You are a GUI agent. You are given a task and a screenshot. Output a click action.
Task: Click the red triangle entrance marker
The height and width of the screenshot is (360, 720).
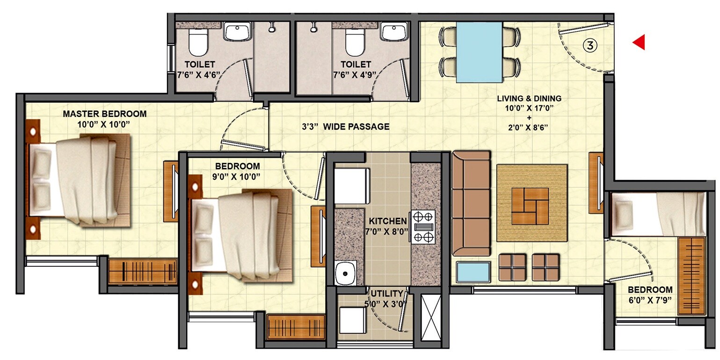click(639, 43)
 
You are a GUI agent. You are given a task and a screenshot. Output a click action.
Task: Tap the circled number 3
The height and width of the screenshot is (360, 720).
click(590, 45)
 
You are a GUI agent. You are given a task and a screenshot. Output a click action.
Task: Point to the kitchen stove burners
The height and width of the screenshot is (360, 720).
click(423, 227)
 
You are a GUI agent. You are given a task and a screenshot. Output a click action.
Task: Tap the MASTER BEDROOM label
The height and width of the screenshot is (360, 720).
click(104, 114)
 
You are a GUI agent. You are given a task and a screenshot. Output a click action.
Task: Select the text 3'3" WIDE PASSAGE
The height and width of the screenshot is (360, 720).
click(345, 126)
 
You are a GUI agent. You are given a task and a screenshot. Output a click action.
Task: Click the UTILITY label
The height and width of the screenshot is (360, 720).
click(387, 294)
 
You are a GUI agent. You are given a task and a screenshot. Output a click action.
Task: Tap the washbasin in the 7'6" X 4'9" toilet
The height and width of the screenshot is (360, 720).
click(394, 33)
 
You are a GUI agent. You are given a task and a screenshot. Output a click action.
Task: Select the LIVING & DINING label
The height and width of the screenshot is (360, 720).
click(529, 99)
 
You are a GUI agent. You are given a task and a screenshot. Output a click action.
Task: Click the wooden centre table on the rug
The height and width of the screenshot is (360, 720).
click(531, 206)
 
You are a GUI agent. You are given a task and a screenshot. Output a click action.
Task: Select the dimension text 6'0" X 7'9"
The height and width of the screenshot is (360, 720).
click(650, 300)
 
